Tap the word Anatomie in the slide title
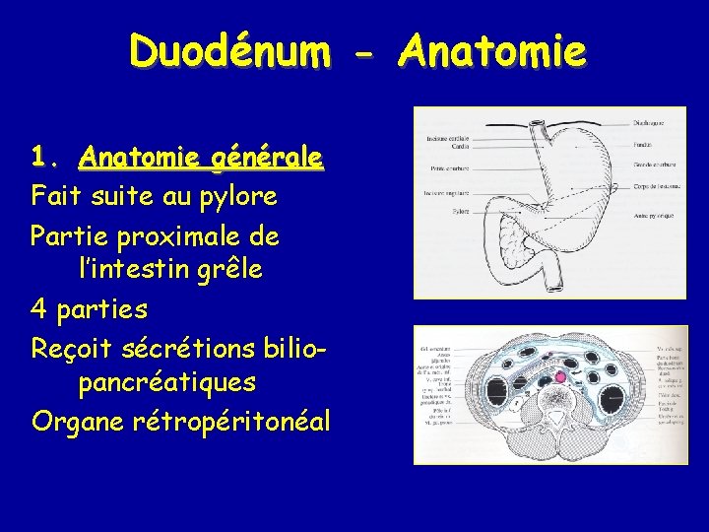click(x=492, y=51)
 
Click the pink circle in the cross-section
click(x=560, y=377)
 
